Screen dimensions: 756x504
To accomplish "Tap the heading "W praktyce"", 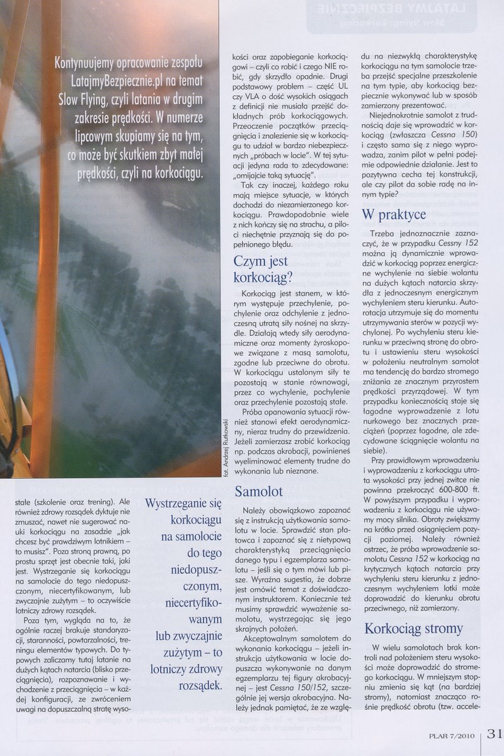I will [394, 215].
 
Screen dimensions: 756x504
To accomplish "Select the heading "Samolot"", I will [258, 491].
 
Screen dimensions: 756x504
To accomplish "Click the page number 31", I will [494, 734].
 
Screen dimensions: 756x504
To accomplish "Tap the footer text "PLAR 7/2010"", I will [452, 735].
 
